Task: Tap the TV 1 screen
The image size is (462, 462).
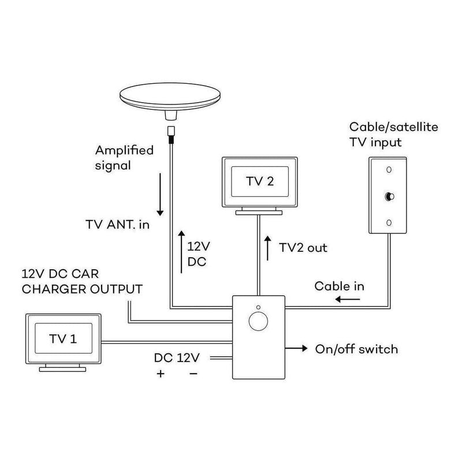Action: [x=64, y=340]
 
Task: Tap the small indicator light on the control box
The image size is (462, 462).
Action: [x=258, y=307]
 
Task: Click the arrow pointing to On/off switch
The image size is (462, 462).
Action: [x=297, y=349]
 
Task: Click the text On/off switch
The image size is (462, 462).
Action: [x=356, y=349]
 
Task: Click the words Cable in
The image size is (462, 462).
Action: [x=339, y=286]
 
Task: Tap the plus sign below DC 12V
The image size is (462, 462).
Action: [x=161, y=374]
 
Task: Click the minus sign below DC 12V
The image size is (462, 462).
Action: [x=193, y=374]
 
